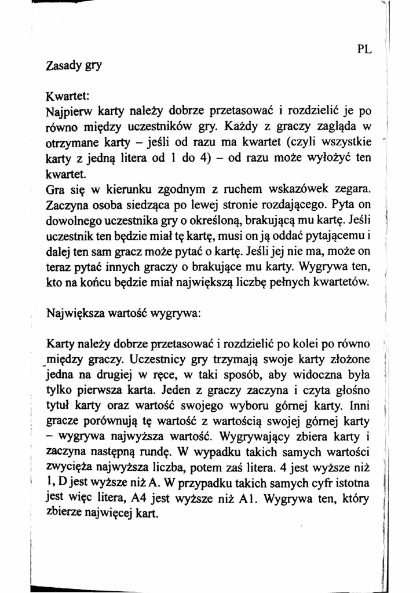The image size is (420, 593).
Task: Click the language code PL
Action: [364, 49]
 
